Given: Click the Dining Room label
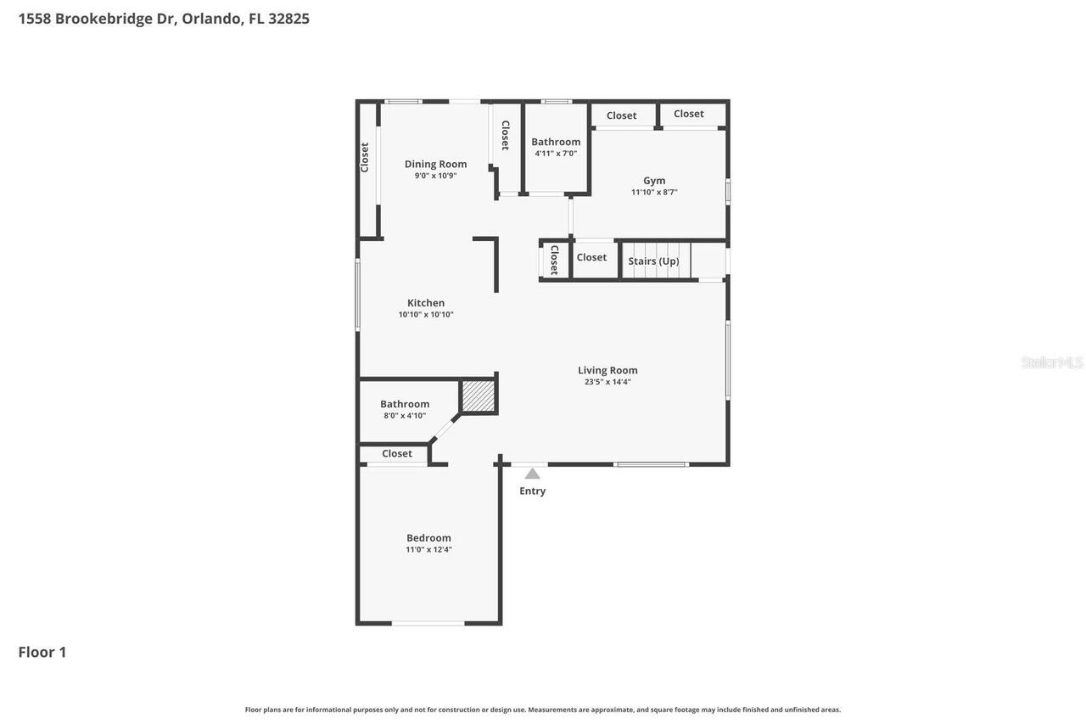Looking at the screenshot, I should [435, 164].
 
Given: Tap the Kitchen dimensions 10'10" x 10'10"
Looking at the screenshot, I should [426, 315].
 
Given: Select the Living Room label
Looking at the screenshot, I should [607, 370].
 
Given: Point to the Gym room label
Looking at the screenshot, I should [654, 180].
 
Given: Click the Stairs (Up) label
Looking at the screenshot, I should [653, 261].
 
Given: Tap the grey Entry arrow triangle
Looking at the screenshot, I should [532, 474].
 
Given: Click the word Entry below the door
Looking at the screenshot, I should [532, 491].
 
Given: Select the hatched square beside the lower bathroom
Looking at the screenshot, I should [478, 396].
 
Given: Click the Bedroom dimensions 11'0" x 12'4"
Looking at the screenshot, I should [428, 550].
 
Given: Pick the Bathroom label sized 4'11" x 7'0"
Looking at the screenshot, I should [556, 142].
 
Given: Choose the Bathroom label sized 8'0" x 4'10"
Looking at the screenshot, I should [405, 404].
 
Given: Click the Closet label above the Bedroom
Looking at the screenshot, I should [396, 453].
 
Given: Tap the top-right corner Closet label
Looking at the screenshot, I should [688, 114].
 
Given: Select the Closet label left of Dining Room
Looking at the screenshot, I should [365, 157].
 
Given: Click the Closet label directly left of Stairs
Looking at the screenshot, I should [591, 257].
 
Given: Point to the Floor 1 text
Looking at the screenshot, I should [42, 652].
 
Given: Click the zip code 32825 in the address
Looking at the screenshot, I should [288, 19].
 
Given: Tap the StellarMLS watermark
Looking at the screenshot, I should [1052, 362].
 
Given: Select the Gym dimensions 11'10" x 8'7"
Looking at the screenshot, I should [654, 193].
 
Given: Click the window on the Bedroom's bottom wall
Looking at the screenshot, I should [428, 624].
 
